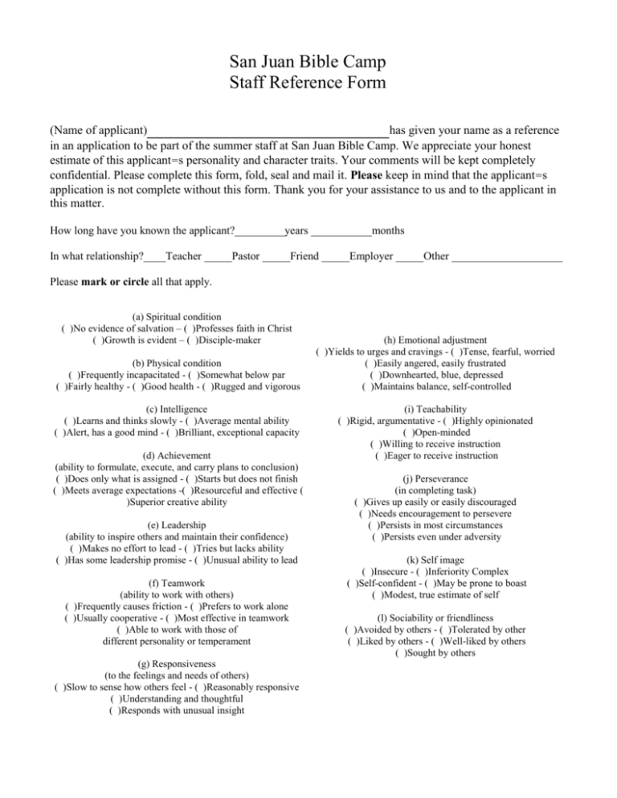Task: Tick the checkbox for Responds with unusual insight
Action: pos(115,710)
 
